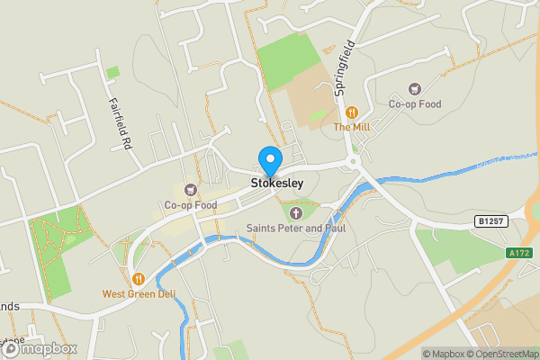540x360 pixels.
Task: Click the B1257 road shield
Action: pyautogui.click(x=488, y=220)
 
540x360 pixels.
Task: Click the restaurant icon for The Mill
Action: pyautogui.click(x=352, y=112)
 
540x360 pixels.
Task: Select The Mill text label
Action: pyautogui.click(x=352, y=128)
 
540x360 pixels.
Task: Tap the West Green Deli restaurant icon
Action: pyautogui.click(x=138, y=278)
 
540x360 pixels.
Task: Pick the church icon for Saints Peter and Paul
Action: pyautogui.click(x=297, y=213)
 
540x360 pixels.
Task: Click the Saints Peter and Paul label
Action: pyautogui.click(x=297, y=229)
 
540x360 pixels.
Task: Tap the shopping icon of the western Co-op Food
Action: pyautogui.click(x=190, y=190)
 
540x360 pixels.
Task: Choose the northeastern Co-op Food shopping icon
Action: pyautogui.click(x=414, y=89)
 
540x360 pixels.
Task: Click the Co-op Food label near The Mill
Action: pyautogui.click(x=415, y=104)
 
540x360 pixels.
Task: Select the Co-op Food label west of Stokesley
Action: pyautogui.click(x=190, y=205)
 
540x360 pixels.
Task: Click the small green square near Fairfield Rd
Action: pyautogui.click(x=112, y=72)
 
